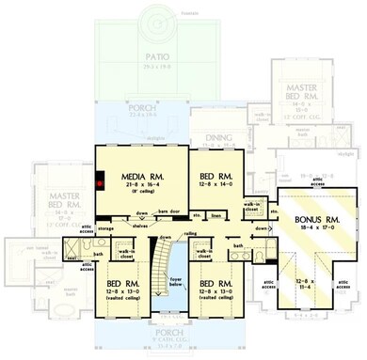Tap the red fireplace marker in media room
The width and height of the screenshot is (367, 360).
pyautogui.click(x=98, y=183)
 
